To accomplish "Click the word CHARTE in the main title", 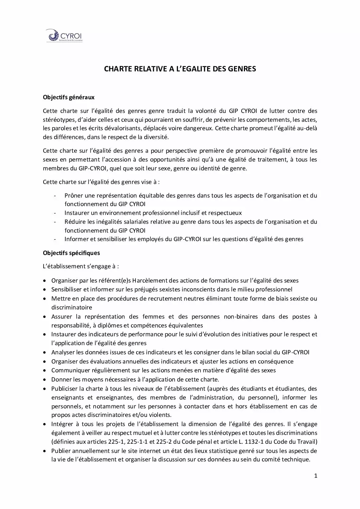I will coord(116,69).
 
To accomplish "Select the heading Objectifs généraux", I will coord(69,97).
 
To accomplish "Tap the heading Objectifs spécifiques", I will coord(71,253).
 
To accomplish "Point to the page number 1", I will coord(315,476).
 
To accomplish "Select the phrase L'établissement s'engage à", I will coord(81,266).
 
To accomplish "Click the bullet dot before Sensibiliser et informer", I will coord(45,290).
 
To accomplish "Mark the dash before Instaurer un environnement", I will coord(55,213).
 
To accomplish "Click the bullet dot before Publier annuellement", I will coord(45,451).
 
